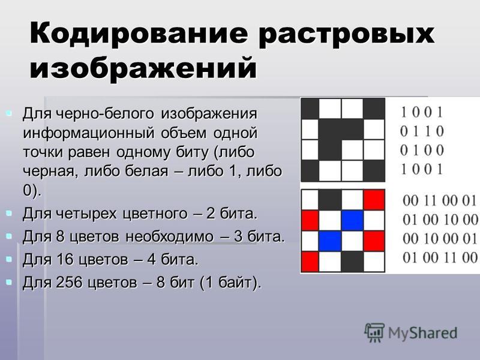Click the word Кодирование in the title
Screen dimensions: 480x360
139,33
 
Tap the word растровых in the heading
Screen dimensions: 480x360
346,34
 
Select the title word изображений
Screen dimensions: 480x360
143,68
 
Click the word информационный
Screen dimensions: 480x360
88,133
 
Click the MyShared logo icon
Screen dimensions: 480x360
374,333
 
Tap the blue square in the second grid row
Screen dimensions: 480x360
352,221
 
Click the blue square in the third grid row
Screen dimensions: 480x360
330,241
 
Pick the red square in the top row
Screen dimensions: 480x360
374,200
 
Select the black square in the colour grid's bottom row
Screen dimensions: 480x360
352,262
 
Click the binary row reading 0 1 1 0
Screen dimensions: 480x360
422,131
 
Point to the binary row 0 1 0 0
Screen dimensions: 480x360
422,151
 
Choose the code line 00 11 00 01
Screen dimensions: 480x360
440,201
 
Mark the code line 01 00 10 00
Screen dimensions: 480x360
440,220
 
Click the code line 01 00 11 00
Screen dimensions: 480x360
440,257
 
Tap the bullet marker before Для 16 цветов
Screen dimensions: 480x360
9,259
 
